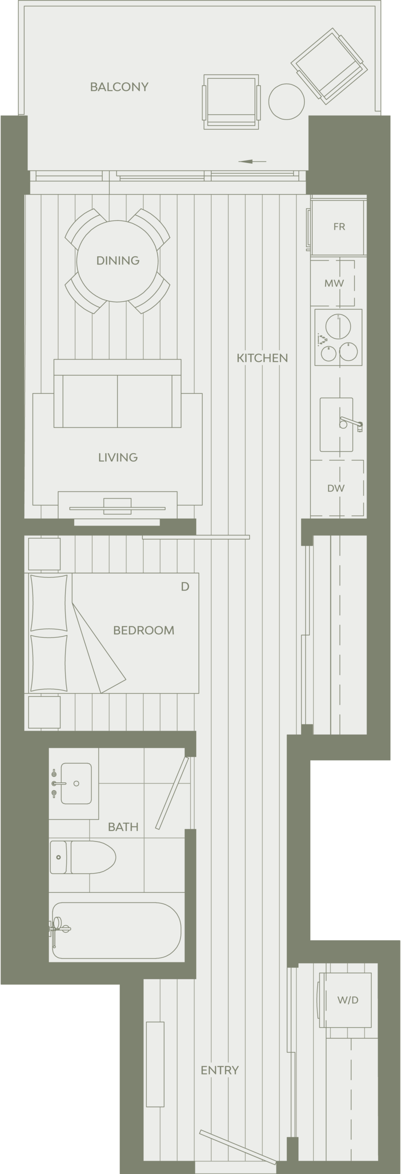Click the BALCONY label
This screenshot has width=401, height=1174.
[x=119, y=87]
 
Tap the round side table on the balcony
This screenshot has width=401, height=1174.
[x=286, y=102]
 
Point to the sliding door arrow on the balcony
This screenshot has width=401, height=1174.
[x=252, y=161]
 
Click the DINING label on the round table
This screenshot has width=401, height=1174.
[x=118, y=260]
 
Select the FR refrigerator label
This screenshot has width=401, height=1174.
[x=339, y=227]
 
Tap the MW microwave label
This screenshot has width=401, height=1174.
[x=334, y=283]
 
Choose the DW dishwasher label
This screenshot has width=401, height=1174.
[x=336, y=488]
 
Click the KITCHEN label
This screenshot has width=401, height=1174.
[x=262, y=358]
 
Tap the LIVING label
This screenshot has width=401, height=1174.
[x=118, y=457]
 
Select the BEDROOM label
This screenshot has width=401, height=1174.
[x=143, y=630]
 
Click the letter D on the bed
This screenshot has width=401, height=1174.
[x=185, y=587]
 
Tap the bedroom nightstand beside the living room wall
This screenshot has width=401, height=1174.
[x=44, y=554]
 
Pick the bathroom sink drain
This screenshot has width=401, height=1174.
[x=76, y=783]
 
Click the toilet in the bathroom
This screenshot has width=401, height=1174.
[x=82, y=857]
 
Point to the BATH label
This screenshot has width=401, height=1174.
[x=123, y=827]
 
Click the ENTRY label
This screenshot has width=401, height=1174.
[x=220, y=1070]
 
